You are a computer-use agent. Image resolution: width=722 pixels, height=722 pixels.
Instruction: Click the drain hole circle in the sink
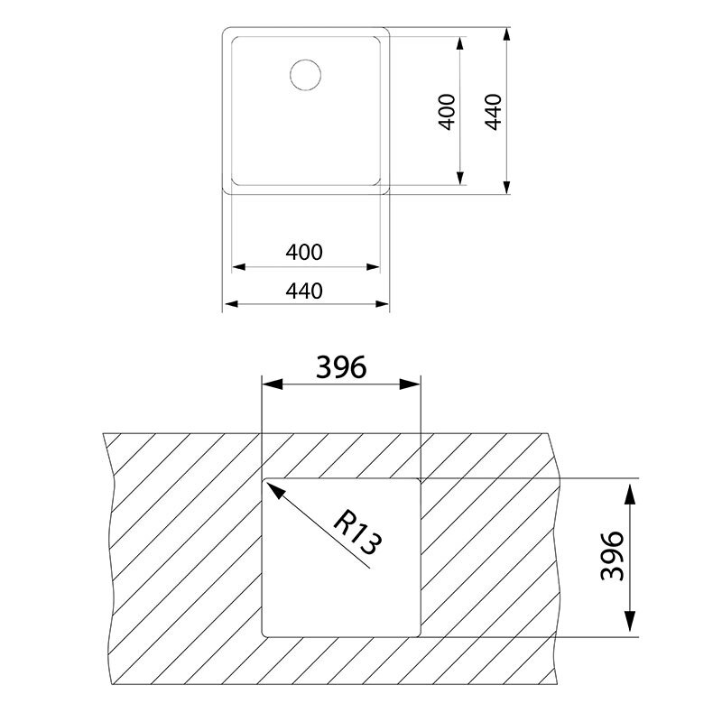tap(305, 73)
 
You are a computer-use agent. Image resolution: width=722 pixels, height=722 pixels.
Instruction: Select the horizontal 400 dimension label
tap(304, 253)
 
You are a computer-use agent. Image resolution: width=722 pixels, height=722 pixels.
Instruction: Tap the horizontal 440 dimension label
tap(304, 291)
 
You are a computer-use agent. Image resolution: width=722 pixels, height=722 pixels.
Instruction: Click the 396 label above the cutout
tap(340, 368)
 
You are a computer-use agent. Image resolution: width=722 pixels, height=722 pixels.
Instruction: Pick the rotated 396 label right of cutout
tap(613, 556)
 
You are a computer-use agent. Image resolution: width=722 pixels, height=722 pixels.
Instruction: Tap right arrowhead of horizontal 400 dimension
tap(373, 267)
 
